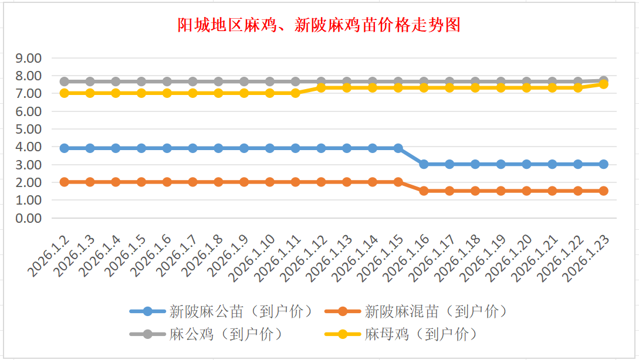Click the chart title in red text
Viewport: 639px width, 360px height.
tap(319, 26)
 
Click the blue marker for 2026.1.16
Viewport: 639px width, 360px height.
tap(424, 164)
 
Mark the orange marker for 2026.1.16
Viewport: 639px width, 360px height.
tap(424, 191)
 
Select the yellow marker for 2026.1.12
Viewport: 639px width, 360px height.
tap(321, 87)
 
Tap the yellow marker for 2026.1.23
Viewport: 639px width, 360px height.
tap(603, 84)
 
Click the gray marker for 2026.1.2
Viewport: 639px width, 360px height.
tap(65, 81)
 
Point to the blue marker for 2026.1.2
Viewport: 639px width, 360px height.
tap(65, 148)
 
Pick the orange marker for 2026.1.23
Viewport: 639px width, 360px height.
tap(603, 191)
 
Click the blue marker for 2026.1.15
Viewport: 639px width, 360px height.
tap(398, 148)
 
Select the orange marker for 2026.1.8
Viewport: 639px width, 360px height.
tap(218, 182)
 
